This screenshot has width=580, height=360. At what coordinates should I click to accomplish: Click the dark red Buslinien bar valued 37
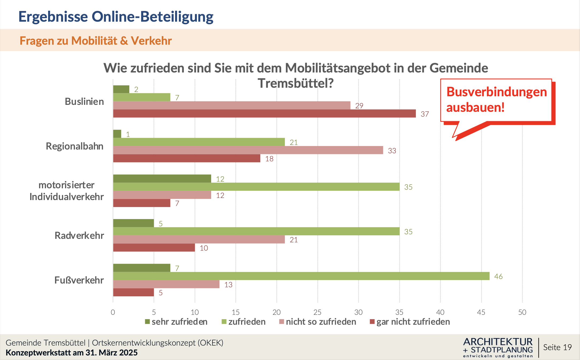tap(264, 113)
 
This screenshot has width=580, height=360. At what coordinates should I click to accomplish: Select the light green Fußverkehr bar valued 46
tap(301, 276)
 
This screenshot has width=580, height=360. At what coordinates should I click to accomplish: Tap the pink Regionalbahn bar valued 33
tap(248, 150)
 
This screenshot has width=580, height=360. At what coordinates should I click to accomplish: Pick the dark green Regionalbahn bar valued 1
tap(117, 134)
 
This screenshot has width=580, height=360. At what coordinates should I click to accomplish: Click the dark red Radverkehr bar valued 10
tap(154, 248)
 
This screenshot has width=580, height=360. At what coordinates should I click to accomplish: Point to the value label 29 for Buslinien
tap(359, 106)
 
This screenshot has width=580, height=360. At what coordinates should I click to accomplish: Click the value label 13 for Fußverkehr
tap(228, 285)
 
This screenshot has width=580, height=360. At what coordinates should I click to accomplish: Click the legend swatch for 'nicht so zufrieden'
tap(281, 322)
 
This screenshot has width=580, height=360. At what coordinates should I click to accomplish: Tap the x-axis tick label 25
tap(317, 312)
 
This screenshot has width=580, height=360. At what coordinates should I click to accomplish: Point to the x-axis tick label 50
tap(522, 312)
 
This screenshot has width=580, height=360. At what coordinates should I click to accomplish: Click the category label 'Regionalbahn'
tap(75, 146)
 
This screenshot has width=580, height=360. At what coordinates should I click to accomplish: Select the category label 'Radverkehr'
tap(79, 236)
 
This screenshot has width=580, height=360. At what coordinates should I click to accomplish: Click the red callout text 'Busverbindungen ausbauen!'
tap(496, 99)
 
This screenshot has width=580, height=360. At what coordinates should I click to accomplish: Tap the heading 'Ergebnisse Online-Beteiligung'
tap(116, 17)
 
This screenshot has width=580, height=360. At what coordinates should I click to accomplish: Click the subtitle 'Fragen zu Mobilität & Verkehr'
tap(95, 41)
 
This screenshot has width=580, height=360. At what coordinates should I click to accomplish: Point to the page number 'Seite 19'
tap(557, 347)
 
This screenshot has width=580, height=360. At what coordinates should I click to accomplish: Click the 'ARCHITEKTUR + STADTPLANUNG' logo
tap(498, 347)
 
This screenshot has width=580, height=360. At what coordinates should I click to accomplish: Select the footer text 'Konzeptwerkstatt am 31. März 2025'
tap(72, 353)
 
